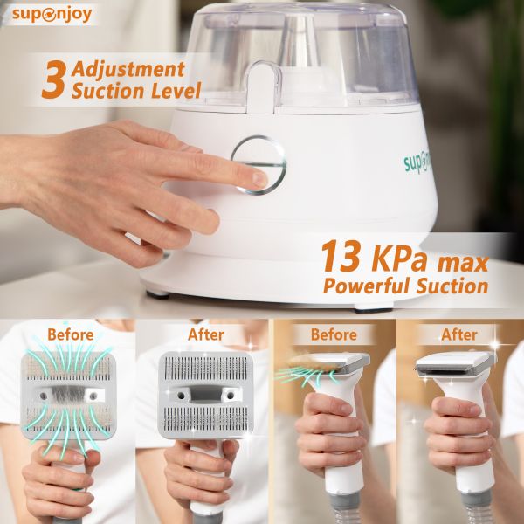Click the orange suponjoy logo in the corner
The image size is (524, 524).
tap(52, 15)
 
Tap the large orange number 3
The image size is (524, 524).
tap(53, 79)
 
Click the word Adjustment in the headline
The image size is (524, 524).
tap(128, 70)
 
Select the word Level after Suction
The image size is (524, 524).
tap(176, 90)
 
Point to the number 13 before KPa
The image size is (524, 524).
tap(341, 256)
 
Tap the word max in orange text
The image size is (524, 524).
tap(463, 263)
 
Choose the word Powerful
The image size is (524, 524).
tap(367, 286)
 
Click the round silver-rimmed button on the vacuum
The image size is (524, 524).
tap(259, 165)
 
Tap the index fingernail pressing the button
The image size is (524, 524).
tap(260, 179)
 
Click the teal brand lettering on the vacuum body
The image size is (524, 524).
tap(417, 164)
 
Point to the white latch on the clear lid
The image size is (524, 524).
tap(262, 87)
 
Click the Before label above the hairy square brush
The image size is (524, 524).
tap(71, 334)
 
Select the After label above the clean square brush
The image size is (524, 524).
tap(205, 334)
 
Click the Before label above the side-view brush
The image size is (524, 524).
tap(334, 334)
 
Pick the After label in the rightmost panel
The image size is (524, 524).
tap(459, 334)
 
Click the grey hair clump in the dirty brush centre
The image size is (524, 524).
tap(68, 395)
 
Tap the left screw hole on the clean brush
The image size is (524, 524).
tap(181, 396)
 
